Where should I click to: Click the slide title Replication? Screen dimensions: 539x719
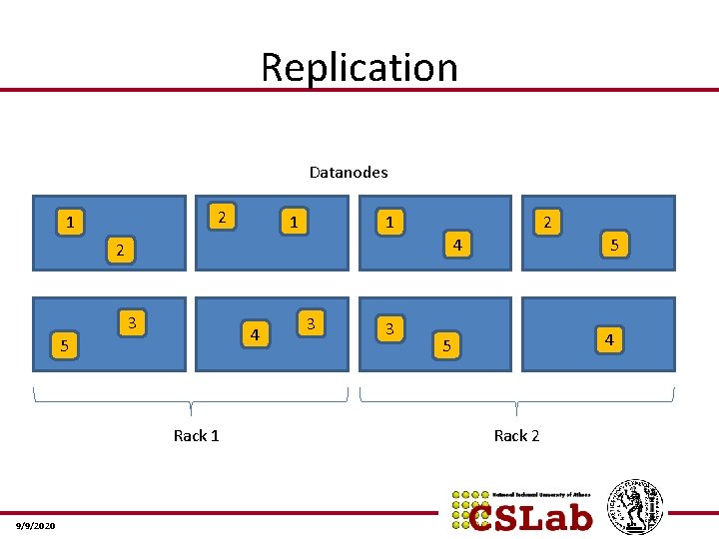[x=359, y=67]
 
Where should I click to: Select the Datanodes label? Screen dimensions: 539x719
[x=348, y=172]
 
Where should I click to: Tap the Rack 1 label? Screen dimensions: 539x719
[x=196, y=435]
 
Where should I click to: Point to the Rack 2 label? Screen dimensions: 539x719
[x=516, y=435]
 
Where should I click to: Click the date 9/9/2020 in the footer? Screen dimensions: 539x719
[x=36, y=526]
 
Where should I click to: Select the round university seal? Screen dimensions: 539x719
[x=635, y=507]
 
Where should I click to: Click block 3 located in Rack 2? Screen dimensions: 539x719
[x=389, y=327]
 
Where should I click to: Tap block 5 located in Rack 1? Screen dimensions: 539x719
[x=64, y=346]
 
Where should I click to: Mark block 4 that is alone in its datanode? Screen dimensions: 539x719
[x=608, y=340]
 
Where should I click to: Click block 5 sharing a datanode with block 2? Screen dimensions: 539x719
[x=614, y=244]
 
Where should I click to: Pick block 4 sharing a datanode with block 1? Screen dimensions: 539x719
[x=455, y=244]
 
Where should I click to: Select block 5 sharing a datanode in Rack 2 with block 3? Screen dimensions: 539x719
[x=447, y=346]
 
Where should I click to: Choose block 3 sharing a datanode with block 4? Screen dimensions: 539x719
[x=312, y=322]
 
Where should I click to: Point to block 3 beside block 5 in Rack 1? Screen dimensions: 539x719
[x=132, y=321]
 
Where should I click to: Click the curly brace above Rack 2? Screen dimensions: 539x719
[x=516, y=401]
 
